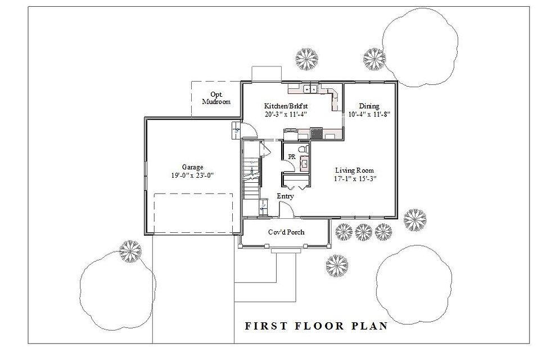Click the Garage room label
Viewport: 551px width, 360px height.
pyautogui.click(x=192, y=167)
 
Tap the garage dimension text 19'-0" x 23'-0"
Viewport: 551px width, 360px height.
pyautogui.click(x=192, y=175)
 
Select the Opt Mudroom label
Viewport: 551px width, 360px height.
pyautogui.click(x=216, y=98)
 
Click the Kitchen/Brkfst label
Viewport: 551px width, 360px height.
pyautogui.click(x=286, y=106)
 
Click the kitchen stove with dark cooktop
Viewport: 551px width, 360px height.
pyautogui.click(x=317, y=133)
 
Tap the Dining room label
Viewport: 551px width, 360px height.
pyautogui.click(x=369, y=106)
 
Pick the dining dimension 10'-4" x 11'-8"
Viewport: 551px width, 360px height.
pyautogui.click(x=369, y=114)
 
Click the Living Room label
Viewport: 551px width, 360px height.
pyautogui.click(x=354, y=170)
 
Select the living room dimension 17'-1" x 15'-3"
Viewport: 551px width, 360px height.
pyautogui.click(x=354, y=179)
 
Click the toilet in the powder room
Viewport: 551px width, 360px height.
pyautogui.click(x=302, y=150)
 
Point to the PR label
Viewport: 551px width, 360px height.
pyautogui.click(x=291, y=156)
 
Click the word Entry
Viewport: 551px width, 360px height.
pyautogui.click(x=285, y=196)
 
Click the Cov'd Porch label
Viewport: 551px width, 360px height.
pyautogui.click(x=286, y=232)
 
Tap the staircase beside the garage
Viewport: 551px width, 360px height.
pyautogui.click(x=251, y=174)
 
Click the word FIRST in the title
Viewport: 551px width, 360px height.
pyautogui.click(x=264, y=326)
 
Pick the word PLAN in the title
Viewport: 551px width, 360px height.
pyautogui.click(x=371, y=326)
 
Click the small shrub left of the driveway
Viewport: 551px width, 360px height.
pyautogui.click(x=130, y=251)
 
